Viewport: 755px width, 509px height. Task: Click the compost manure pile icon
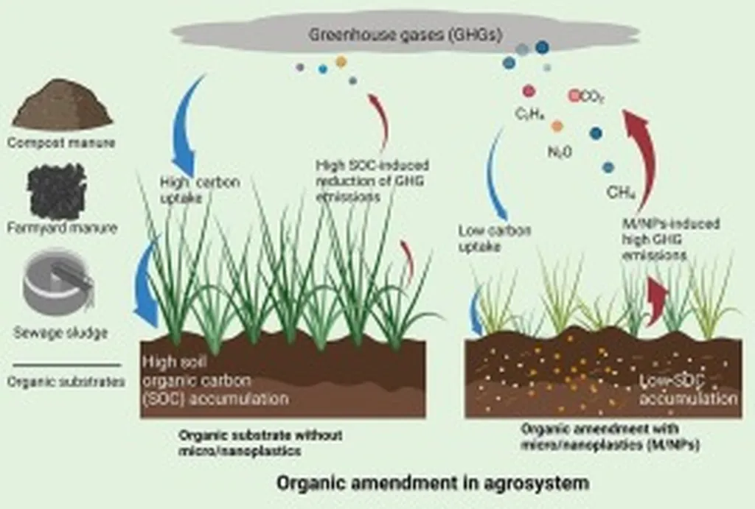coord(62,108)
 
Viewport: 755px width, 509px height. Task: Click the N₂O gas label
coord(560,151)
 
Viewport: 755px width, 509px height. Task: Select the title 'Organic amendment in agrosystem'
coord(433,484)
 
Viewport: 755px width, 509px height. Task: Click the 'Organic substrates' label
coord(65,382)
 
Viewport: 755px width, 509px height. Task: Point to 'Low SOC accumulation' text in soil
coord(686,390)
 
